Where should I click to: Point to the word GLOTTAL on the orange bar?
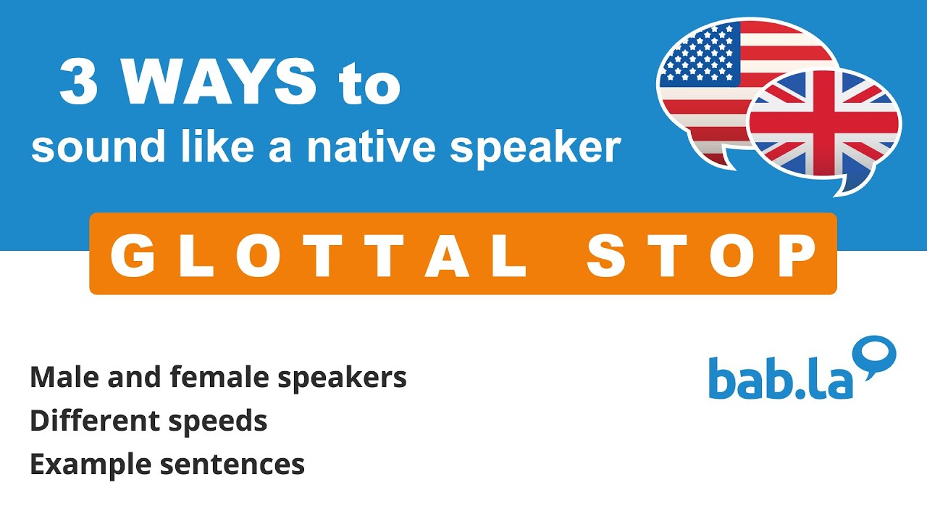pyautogui.click(x=319, y=255)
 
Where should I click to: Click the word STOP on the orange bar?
pyautogui.click(x=701, y=255)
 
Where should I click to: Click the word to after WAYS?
pyautogui.click(x=369, y=84)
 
